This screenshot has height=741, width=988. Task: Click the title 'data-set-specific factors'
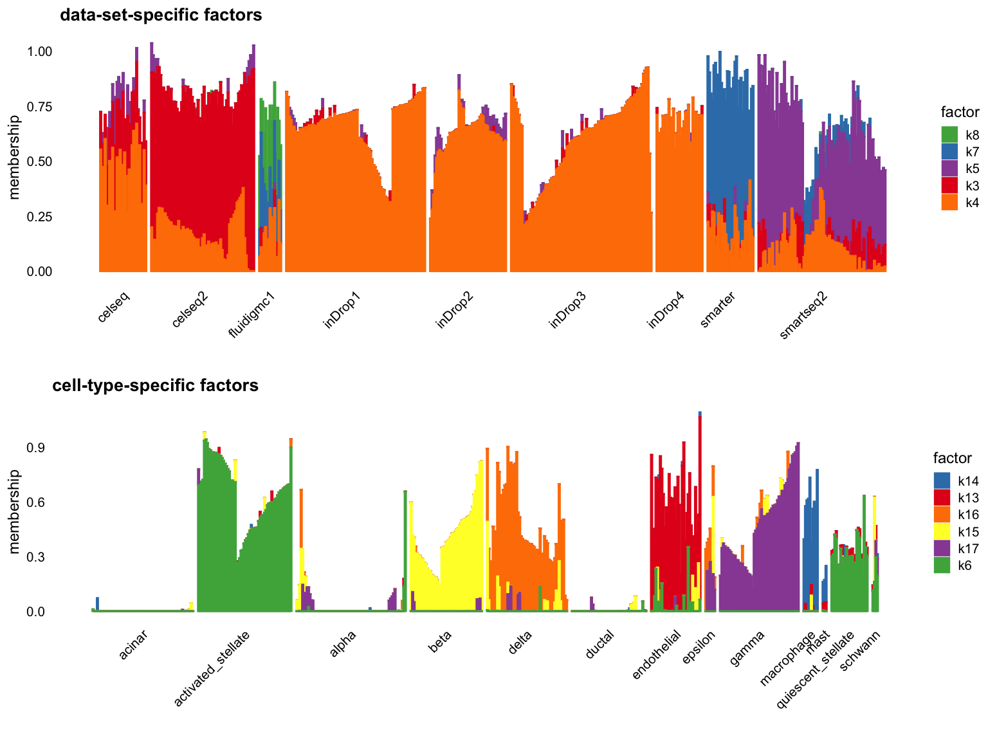tap(161, 15)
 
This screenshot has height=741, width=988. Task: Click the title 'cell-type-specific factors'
tap(155, 385)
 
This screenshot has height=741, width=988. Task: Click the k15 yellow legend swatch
tap(942, 531)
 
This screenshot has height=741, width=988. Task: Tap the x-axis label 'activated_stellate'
tap(212, 668)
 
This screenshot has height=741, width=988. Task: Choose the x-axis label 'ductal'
tap(599, 645)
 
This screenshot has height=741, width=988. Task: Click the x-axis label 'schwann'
tap(860, 651)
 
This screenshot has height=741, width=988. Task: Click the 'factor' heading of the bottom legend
tap(953, 458)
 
